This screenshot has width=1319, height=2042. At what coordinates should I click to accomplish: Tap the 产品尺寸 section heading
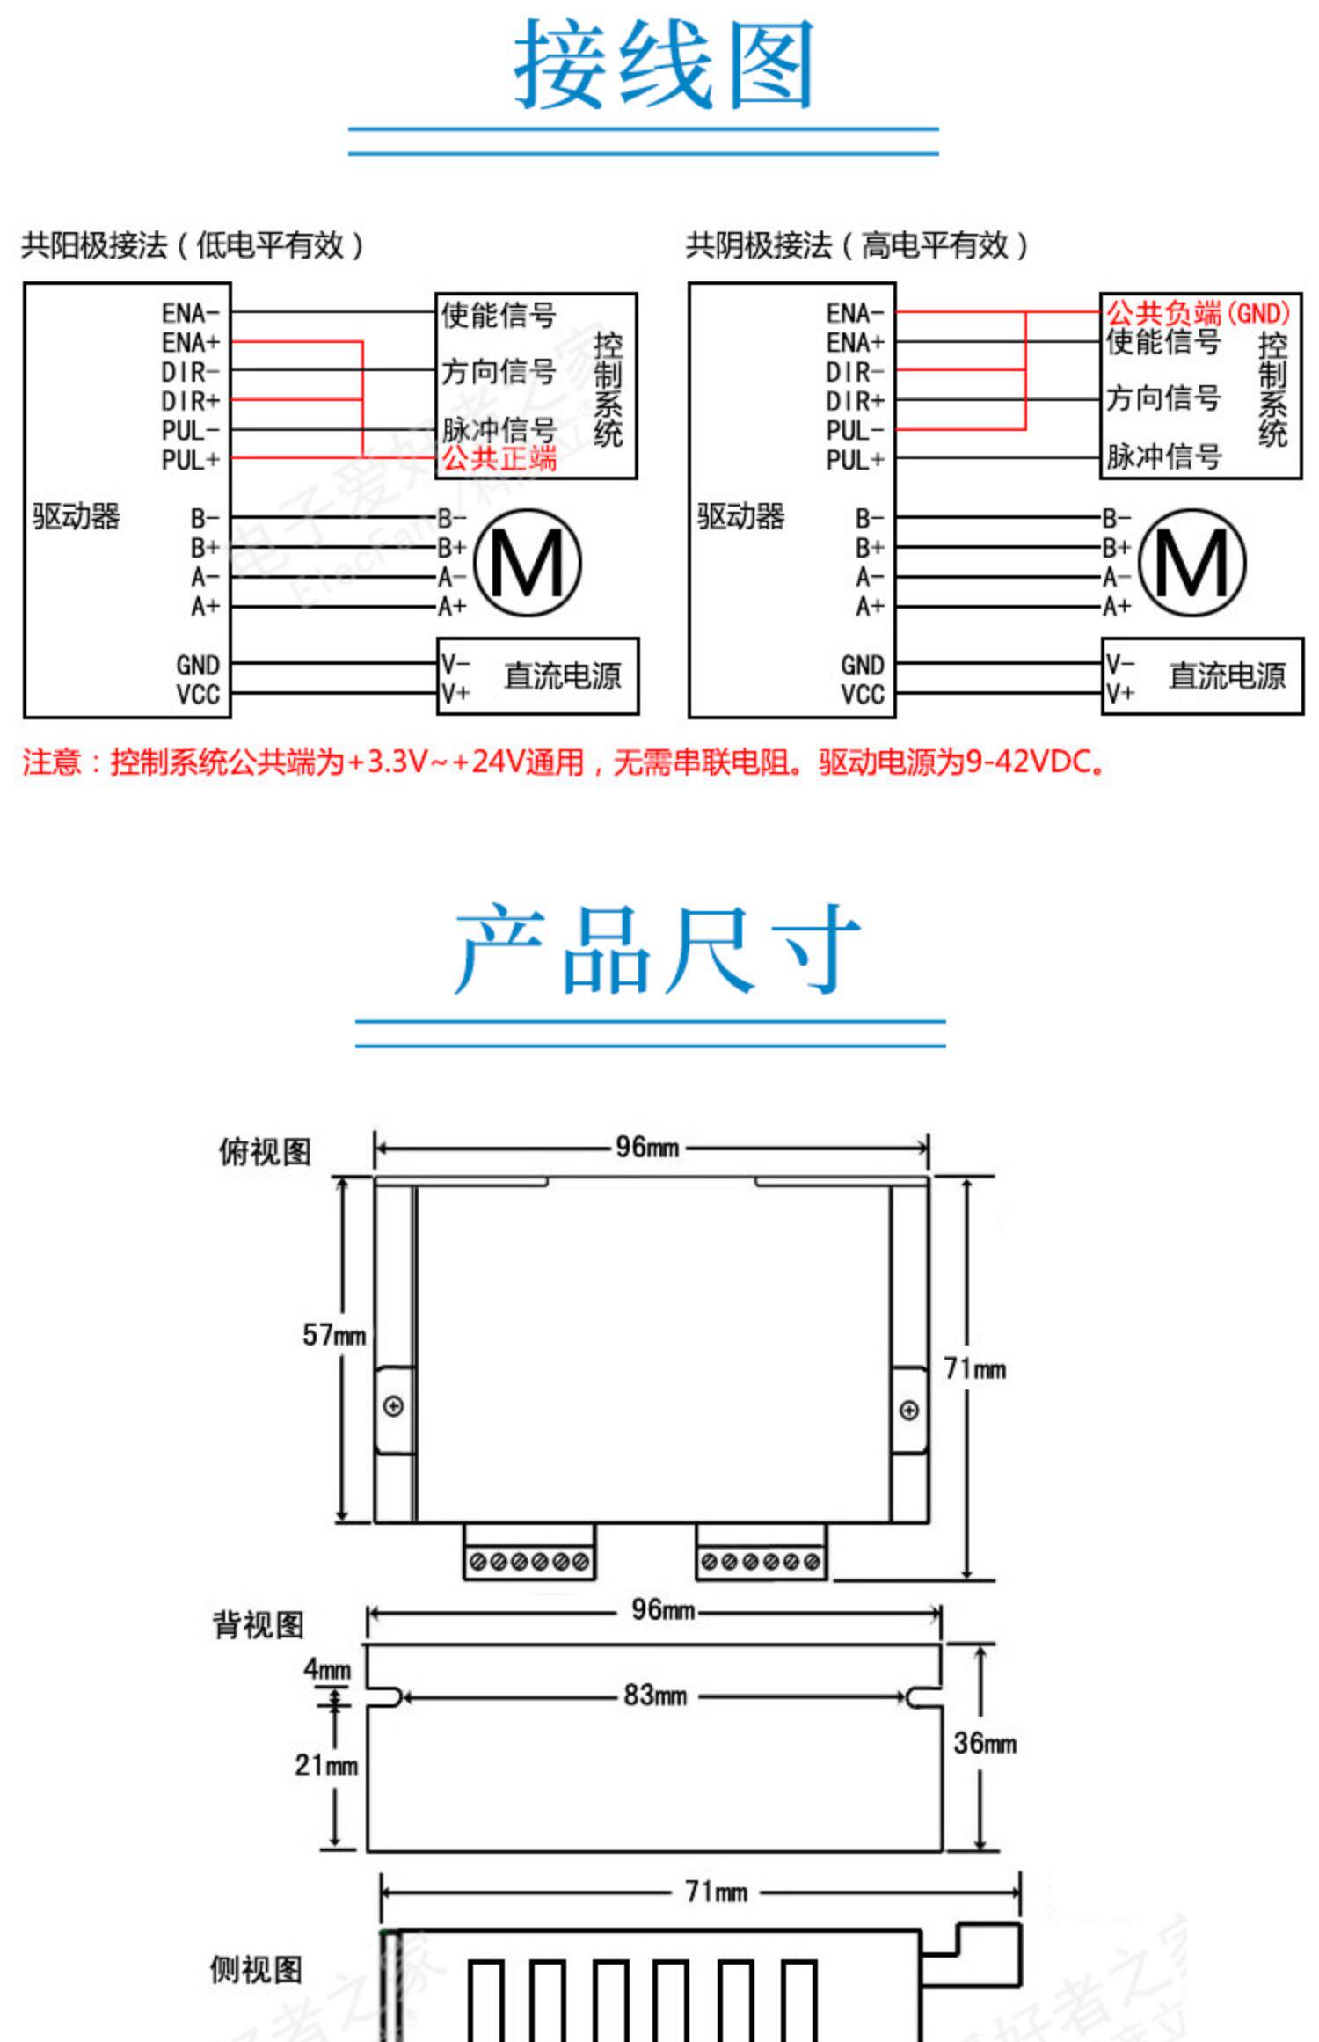click(657, 950)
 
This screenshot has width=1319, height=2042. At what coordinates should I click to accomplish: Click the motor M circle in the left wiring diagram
click(528, 563)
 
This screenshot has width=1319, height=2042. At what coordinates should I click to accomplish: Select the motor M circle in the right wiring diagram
click(1191, 563)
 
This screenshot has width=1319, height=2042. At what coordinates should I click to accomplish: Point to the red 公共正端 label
click(499, 458)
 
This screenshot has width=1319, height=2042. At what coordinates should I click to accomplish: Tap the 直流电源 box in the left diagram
click(537, 675)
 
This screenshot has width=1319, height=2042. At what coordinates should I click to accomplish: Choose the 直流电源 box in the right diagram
click(1202, 675)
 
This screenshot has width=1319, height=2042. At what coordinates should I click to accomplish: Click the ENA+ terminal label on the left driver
click(190, 342)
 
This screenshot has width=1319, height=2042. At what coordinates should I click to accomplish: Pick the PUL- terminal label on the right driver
click(855, 430)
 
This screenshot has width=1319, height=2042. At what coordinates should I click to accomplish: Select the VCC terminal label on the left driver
click(198, 694)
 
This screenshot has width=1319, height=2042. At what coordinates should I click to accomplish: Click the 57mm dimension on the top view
click(333, 1335)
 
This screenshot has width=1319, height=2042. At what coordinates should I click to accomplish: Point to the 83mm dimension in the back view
click(654, 1695)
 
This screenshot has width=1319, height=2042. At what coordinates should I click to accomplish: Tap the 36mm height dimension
click(984, 1742)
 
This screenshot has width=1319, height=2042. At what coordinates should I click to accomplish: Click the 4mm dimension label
click(326, 1668)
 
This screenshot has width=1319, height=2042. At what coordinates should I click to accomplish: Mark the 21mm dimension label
click(325, 1763)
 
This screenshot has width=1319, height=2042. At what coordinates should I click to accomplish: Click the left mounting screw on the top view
click(394, 1406)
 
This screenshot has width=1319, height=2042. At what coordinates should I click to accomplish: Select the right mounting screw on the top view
click(909, 1410)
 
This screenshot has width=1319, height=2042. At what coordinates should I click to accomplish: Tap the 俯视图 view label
click(265, 1151)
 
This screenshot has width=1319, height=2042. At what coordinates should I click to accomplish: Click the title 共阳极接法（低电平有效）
click(193, 245)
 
